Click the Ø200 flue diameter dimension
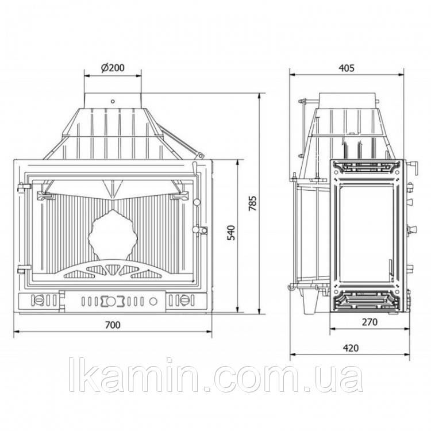(x=113, y=68)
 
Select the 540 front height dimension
(x=232, y=233)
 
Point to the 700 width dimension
(x=113, y=325)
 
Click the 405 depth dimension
(x=347, y=68)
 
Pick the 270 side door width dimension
(x=370, y=322)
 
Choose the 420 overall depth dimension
(x=351, y=348)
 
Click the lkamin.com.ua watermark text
(x=215, y=375)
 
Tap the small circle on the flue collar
(x=113, y=101)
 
